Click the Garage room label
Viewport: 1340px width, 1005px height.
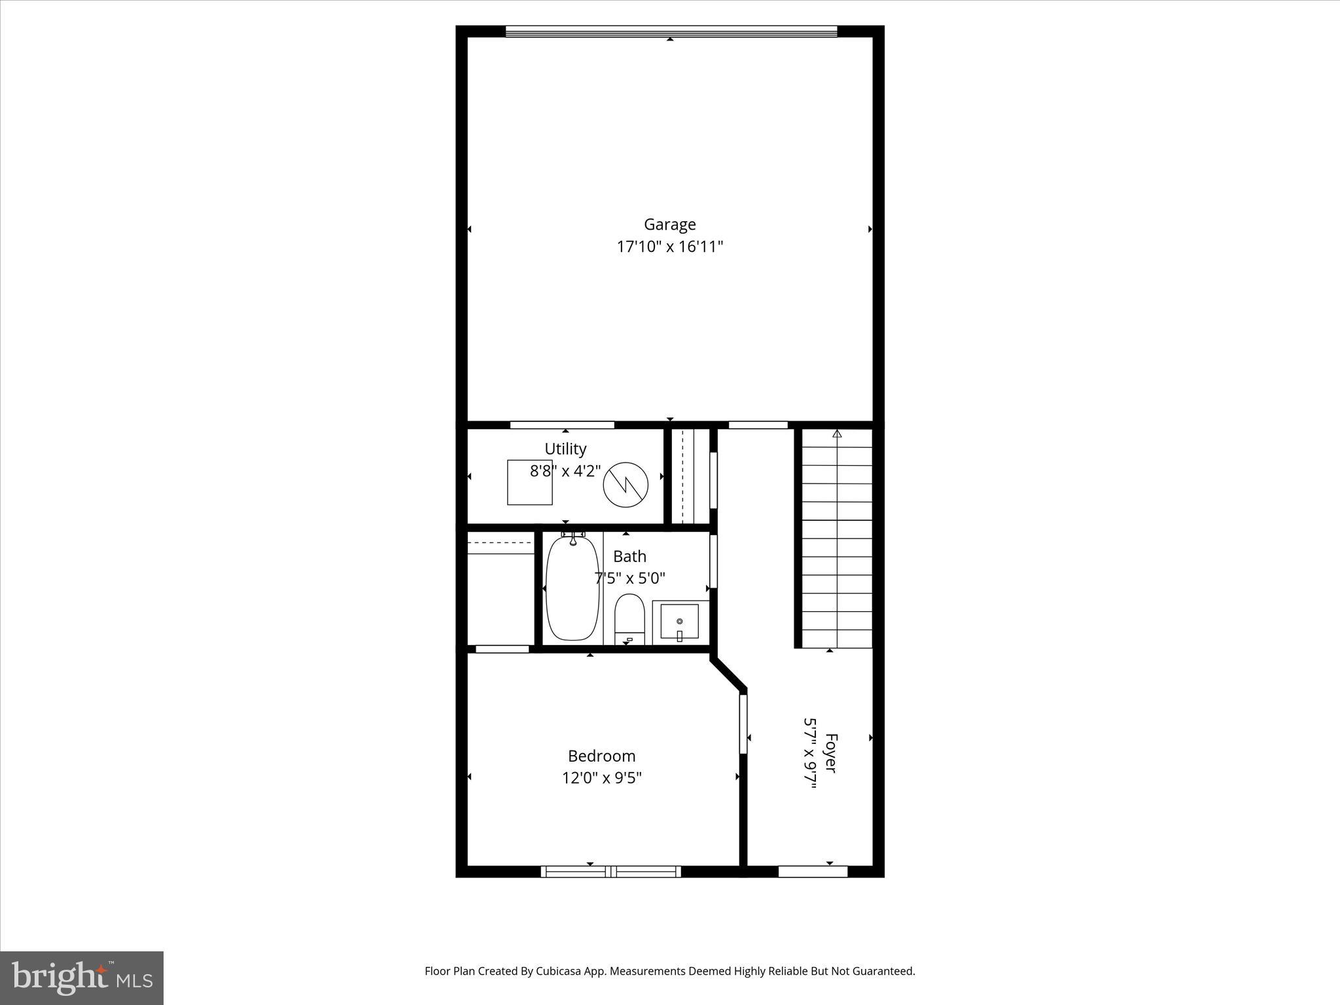[669, 224]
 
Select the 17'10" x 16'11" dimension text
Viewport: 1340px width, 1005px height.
[669, 247]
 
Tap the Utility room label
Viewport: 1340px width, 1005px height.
[565, 449]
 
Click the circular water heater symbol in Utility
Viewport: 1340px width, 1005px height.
[626, 485]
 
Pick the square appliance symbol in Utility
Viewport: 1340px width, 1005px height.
[529, 482]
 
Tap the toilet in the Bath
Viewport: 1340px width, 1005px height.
[629, 618]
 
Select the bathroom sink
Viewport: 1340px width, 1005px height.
[679, 621]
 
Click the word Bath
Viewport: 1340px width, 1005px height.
[629, 556]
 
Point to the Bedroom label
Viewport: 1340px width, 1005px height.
[601, 756]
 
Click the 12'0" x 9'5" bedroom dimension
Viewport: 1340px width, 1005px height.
[601, 778]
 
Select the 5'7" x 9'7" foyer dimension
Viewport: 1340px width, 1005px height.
[811, 753]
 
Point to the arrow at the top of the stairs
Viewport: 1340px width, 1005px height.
[837, 433]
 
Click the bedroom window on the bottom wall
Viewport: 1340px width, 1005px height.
[610, 871]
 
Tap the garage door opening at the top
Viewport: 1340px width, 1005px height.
[671, 31]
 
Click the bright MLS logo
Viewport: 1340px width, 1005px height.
[82, 978]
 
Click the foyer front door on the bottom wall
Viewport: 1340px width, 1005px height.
[813, 871]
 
